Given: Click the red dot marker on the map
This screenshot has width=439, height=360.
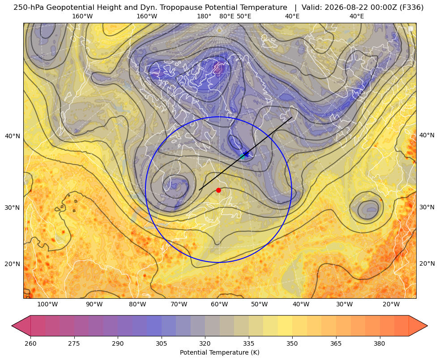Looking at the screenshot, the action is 218,190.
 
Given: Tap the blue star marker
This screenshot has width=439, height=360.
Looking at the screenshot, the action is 246,154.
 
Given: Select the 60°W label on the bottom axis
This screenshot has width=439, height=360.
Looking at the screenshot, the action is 219,305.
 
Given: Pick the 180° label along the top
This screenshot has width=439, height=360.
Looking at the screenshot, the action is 204,16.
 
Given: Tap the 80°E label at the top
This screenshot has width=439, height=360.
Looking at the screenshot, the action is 226,16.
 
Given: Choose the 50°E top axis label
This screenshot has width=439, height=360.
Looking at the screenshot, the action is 244,16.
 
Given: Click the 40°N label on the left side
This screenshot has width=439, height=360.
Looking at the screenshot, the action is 13,136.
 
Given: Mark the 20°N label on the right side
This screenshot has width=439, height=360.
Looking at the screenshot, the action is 427,263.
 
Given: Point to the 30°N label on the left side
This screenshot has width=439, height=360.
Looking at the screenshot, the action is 13,208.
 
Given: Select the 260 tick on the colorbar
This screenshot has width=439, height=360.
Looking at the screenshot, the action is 30,343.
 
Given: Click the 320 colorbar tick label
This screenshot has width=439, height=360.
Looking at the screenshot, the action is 205,343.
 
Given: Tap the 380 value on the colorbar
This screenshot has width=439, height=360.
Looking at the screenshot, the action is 379,343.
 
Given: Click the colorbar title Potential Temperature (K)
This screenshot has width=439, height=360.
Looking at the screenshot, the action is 219,352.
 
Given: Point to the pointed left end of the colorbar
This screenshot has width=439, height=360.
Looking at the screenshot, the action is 12,326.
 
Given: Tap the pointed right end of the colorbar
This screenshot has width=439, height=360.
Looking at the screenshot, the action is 427,326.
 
